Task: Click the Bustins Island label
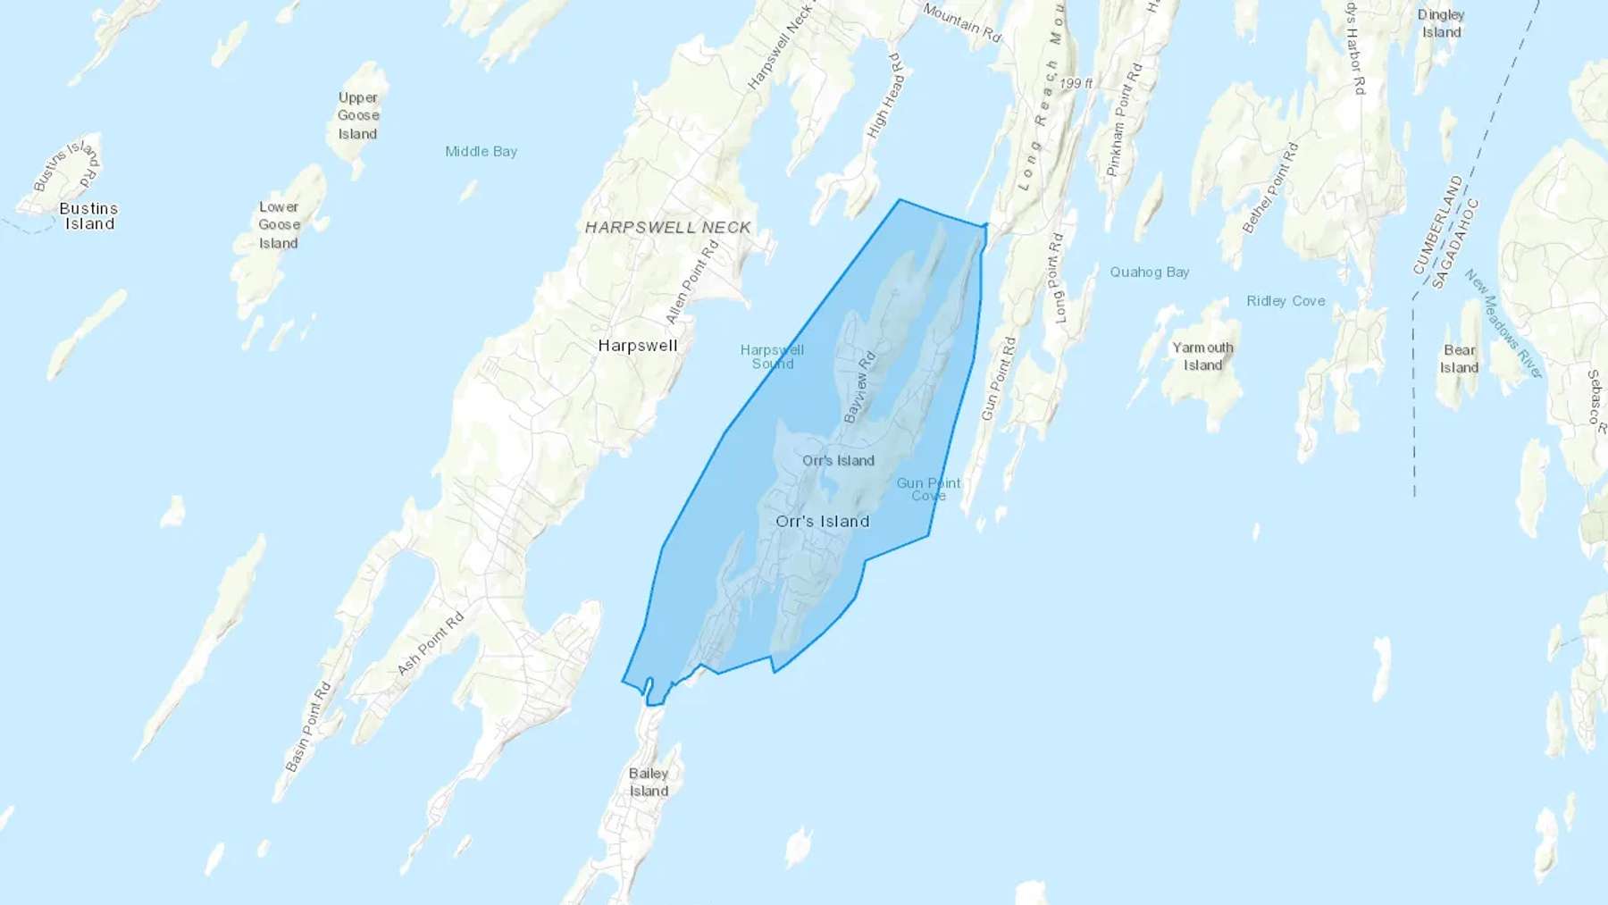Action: pos(88,216)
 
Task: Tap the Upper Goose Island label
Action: pos(358,116)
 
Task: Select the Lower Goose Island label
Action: pos(279,225)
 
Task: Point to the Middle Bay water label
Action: pos(481,152)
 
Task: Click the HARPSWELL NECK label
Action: pos(668,228)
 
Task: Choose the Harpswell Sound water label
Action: pos(773,356)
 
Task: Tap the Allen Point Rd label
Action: pos(692,283)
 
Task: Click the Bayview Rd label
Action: pos(859,387)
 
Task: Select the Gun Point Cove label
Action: pos(928,489)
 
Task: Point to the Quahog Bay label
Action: pos(1149,272)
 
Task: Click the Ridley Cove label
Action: pos(1286,301)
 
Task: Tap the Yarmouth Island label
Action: pos(1202,356)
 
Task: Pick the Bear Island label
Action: pos(1459,359)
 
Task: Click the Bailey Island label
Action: pos(649,782)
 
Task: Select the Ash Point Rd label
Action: pos(431,643)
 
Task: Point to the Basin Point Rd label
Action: pos(308,727)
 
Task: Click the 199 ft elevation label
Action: pos(1076,83)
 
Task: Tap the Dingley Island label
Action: pos(1441,23)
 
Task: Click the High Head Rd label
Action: pos(885,95)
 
